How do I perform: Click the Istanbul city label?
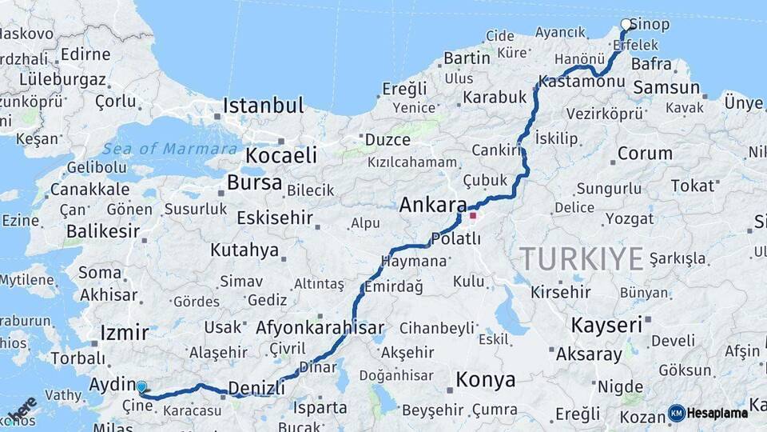(263, 106)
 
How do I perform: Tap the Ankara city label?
(432, 205)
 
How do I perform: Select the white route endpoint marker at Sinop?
(626, 25)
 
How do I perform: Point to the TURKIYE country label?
(582, 259)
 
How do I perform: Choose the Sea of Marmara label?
(169, 149)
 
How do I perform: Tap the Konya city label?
(485, 379)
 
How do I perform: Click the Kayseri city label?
(606, 325)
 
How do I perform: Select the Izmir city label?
(125, 333)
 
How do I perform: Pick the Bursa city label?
(254, 182)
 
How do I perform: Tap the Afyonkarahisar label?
(320, 328)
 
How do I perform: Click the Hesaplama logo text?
(717, 414)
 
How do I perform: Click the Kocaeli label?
(281, 155)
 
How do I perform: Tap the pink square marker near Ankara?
(473, 215)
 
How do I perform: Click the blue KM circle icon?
(676, 414)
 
